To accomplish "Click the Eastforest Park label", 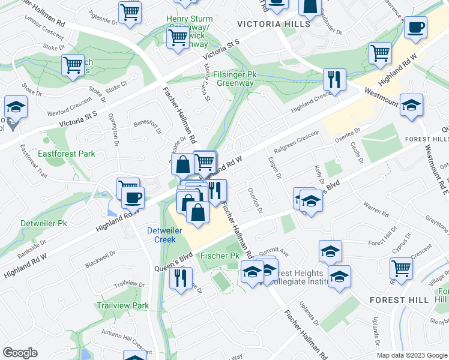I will tap(67, 154).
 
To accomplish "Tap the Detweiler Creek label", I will tap(161, 235).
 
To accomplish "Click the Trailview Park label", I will tap(122, 305).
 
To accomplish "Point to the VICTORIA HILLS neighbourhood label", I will tap(274, 24).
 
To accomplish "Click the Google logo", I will tap(20, 353).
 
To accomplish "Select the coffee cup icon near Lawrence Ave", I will tap(415, 27).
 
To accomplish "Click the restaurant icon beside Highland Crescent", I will tap(334, 79).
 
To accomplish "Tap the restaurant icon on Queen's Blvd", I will tap(179, 278).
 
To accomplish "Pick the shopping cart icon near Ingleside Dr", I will tap(130, 12).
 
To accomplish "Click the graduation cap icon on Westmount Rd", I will tap(411, 105).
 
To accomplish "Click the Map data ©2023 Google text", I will tap(412, 355).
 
